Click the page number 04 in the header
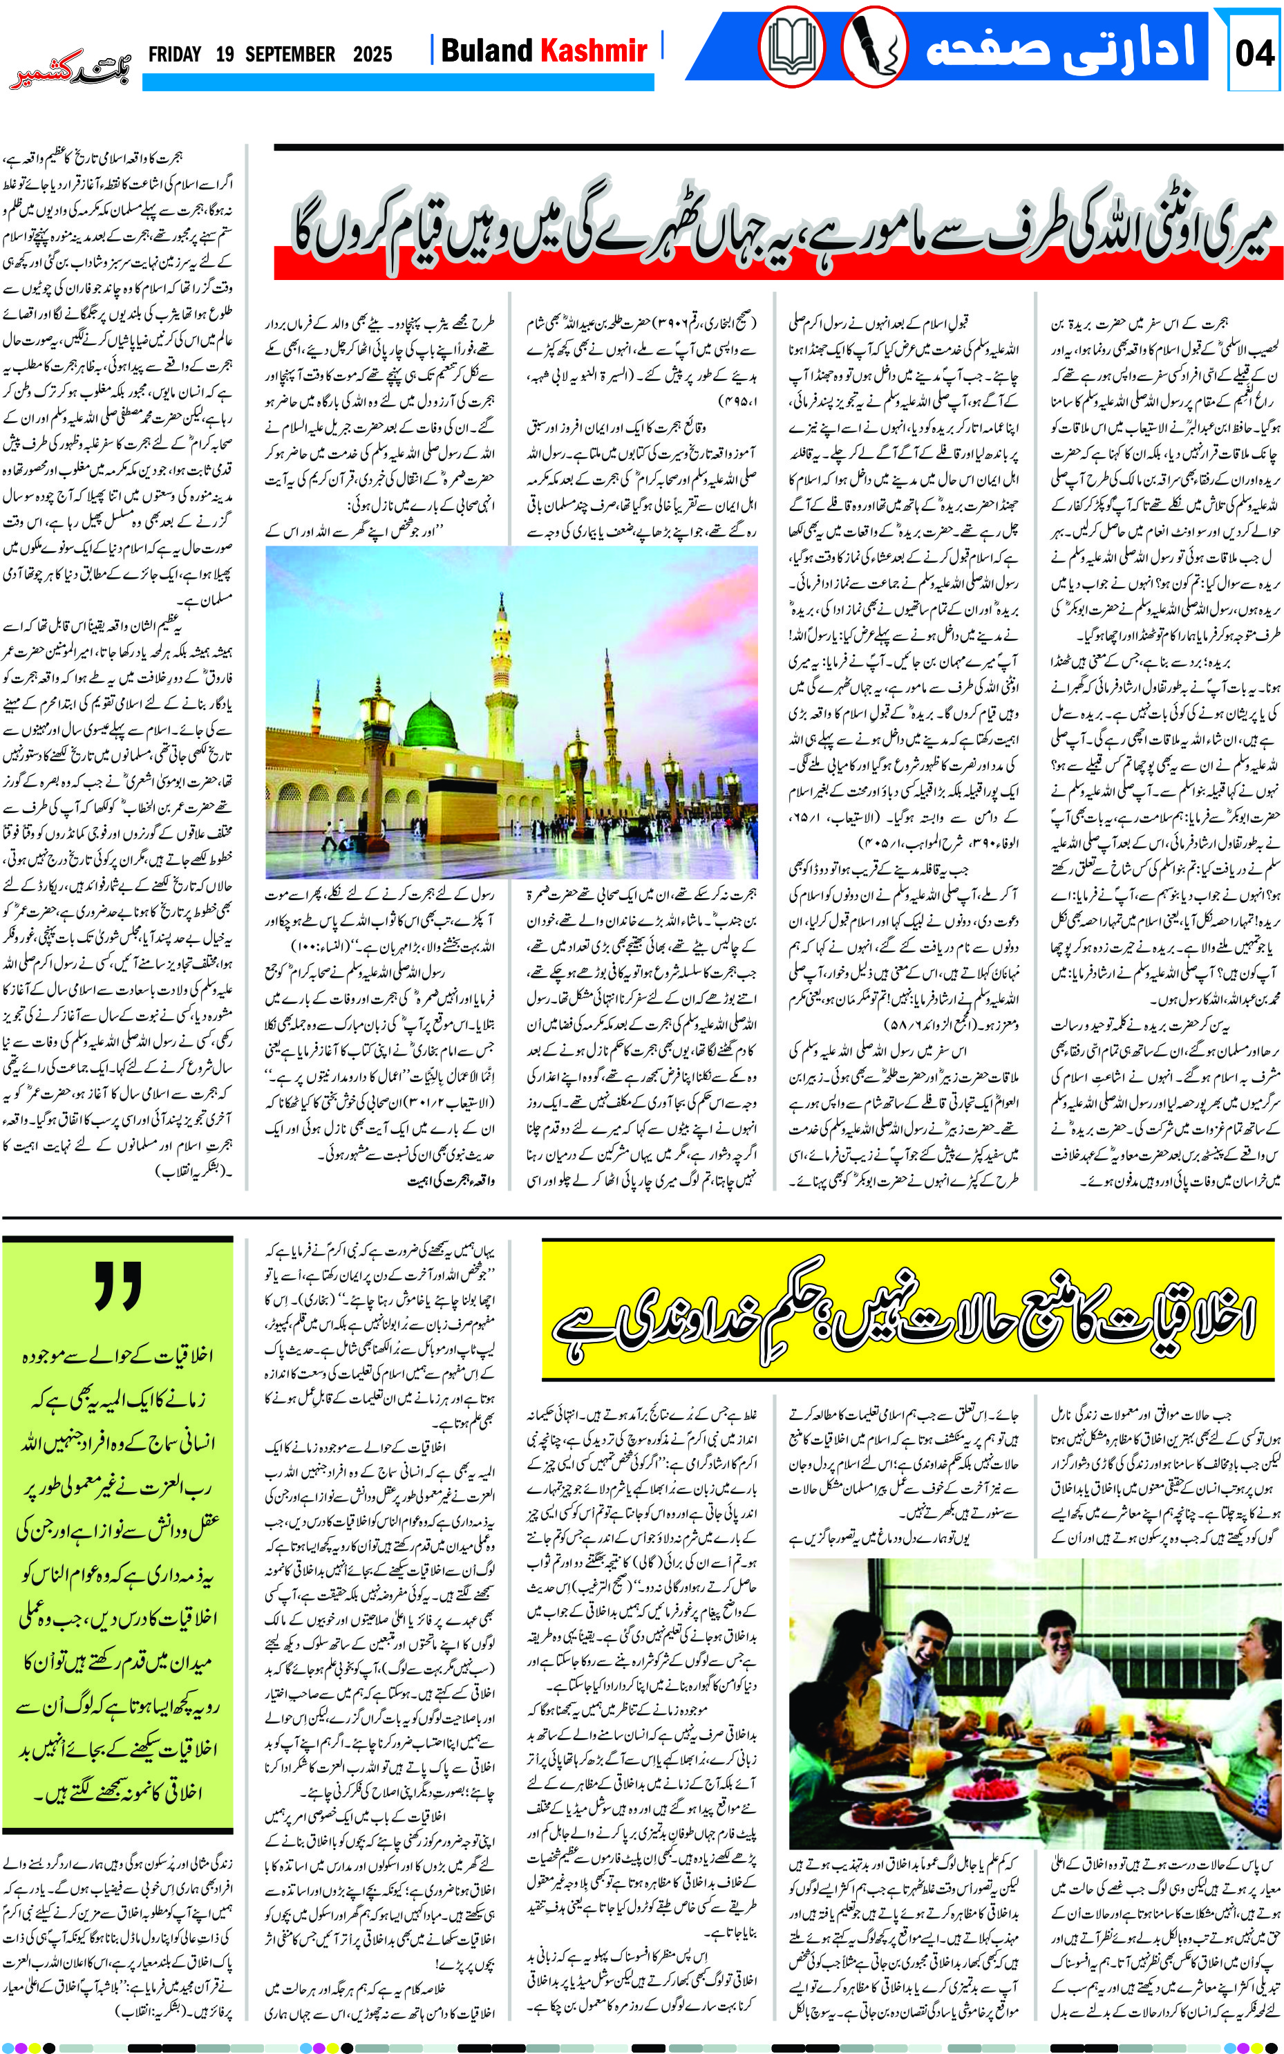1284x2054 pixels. [1255, 53]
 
